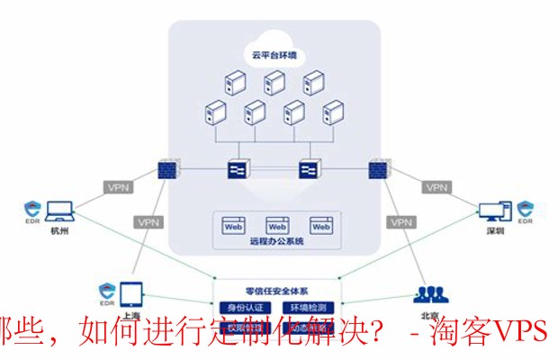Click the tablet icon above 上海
pyautogui.click(x=130, y=292)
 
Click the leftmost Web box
pyautogui.click(x=234, y=227)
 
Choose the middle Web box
pyautogui.click(x=276, y=227)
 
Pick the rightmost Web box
pyautogui.click(x=320, y=227)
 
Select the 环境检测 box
pyautogui.click(x=307, y=308)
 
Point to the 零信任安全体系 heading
pyautogui.click(x=276, y=291)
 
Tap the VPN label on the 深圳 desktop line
pyautogui.click(x=436, y=188)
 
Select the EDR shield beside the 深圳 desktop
pyautogui.click(x=528, y=211)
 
